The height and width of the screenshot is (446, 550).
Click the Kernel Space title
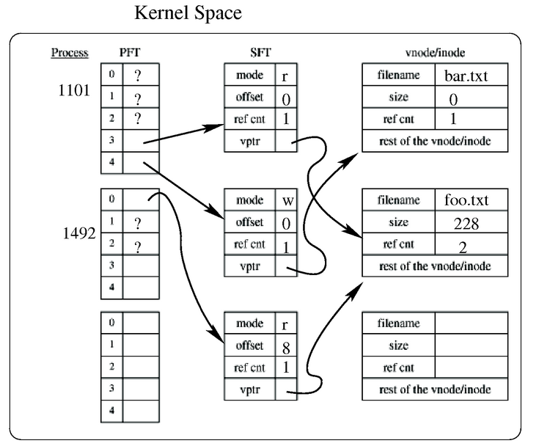188,13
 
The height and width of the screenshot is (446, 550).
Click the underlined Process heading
70,53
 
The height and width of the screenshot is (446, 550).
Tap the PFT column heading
130,53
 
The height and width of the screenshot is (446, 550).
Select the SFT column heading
260,53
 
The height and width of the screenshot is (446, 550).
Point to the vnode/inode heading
435,53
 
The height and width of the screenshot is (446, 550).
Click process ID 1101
73,90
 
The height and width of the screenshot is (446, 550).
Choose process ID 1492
79,233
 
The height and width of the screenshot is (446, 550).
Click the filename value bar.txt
466,76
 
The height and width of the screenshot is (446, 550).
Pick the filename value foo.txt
466,200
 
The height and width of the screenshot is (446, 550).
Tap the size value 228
466,224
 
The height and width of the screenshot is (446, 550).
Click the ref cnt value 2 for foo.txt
463,248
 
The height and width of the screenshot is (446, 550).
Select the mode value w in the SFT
288,201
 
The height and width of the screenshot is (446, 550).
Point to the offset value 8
286,348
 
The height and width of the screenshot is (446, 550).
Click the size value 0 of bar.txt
453,100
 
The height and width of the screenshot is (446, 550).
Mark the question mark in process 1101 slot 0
138,75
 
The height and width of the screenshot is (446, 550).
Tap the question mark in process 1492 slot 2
138,247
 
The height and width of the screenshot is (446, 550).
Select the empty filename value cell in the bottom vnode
471,323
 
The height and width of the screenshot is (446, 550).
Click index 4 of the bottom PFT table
111,410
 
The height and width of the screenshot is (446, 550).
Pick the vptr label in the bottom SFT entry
250,390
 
